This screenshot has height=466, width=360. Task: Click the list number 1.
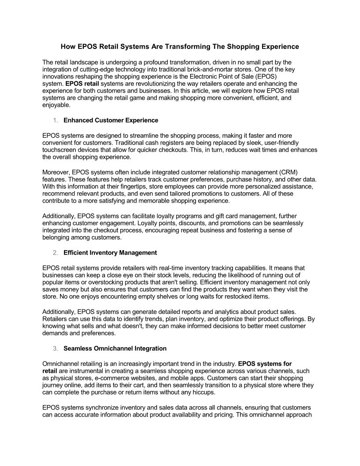(55, 120)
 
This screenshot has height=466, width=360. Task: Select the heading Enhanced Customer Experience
(111, 120)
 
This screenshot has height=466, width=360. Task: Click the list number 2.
(55, 253)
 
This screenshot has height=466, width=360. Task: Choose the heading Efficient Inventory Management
(110, 253)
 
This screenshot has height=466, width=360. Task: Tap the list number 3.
(55, 349)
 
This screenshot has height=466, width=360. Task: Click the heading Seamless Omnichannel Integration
(115, 349)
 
